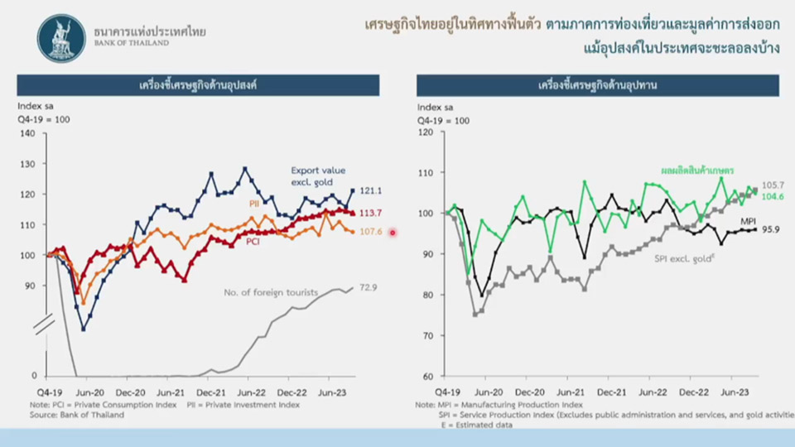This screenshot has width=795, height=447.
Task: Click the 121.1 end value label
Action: point(370,190)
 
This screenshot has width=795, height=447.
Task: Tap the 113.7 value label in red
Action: point(371,214)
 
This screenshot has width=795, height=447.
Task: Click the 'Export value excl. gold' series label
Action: point(317,175)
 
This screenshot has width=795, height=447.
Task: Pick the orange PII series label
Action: point(254,203)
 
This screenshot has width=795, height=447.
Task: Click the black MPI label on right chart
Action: point(747,221)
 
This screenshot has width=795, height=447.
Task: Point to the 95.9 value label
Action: point(771,230)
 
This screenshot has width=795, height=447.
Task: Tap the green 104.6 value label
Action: point(772,197)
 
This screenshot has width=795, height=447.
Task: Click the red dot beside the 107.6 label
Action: point(393,233)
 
